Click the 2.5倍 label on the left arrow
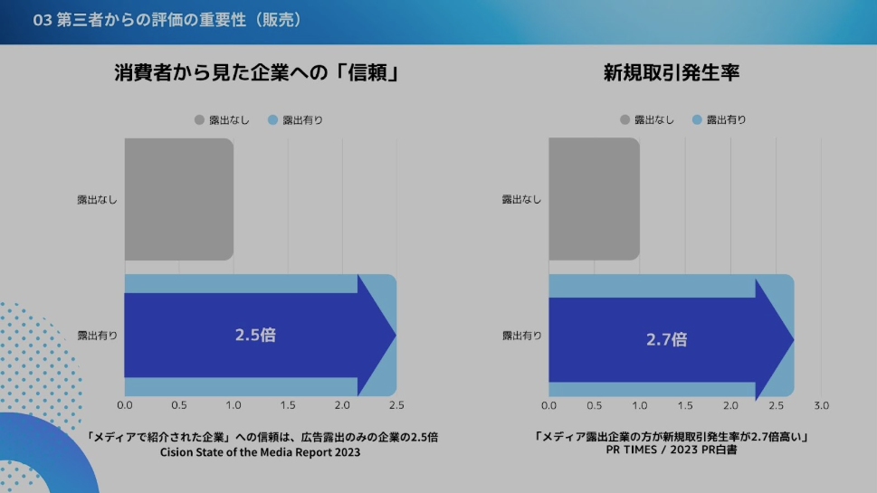pyautogui.click(x=255, y=335)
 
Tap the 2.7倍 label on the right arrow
pyautogui.click(x=666, y=340)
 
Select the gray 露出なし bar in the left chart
pyautogui.click(x=178, y=199)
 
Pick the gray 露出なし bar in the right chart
pyautogui.click(x=594, y=199)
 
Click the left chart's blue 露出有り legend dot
pyautogui.click(x=273, y=119)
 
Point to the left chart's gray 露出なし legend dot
pyautogui.click(x=199, y=119)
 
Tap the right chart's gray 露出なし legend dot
pyautogui.click(x=624, y=119)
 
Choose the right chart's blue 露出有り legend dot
pyautogui.click(x=697, y=119)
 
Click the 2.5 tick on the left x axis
pyautogui.click(x=396, y=405)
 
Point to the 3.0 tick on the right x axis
pyautogui.click(x=821, y=405)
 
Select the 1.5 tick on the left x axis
pyautogui.click(x=288, y=405)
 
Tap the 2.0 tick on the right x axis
pyautogui.click(x=730, y=405)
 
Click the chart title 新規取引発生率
pyautogui.click(x=672, y=73)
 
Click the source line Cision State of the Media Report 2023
pyautogui.click(x=260, y=452)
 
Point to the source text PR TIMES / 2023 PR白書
pyautogui.click(x=671, y=450)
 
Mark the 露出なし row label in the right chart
pyautogui.click(x=521, y=199)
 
